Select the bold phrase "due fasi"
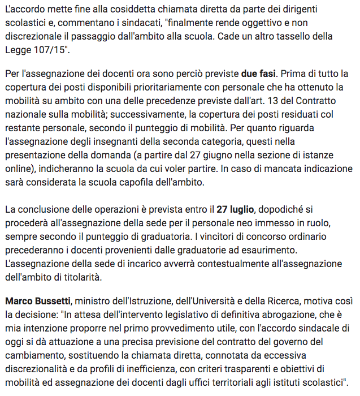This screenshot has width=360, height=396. coord(259,74)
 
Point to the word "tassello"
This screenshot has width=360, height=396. coord(305,37)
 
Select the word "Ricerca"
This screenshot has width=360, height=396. coord(319,300)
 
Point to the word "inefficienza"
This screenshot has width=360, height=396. coord(168,368)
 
